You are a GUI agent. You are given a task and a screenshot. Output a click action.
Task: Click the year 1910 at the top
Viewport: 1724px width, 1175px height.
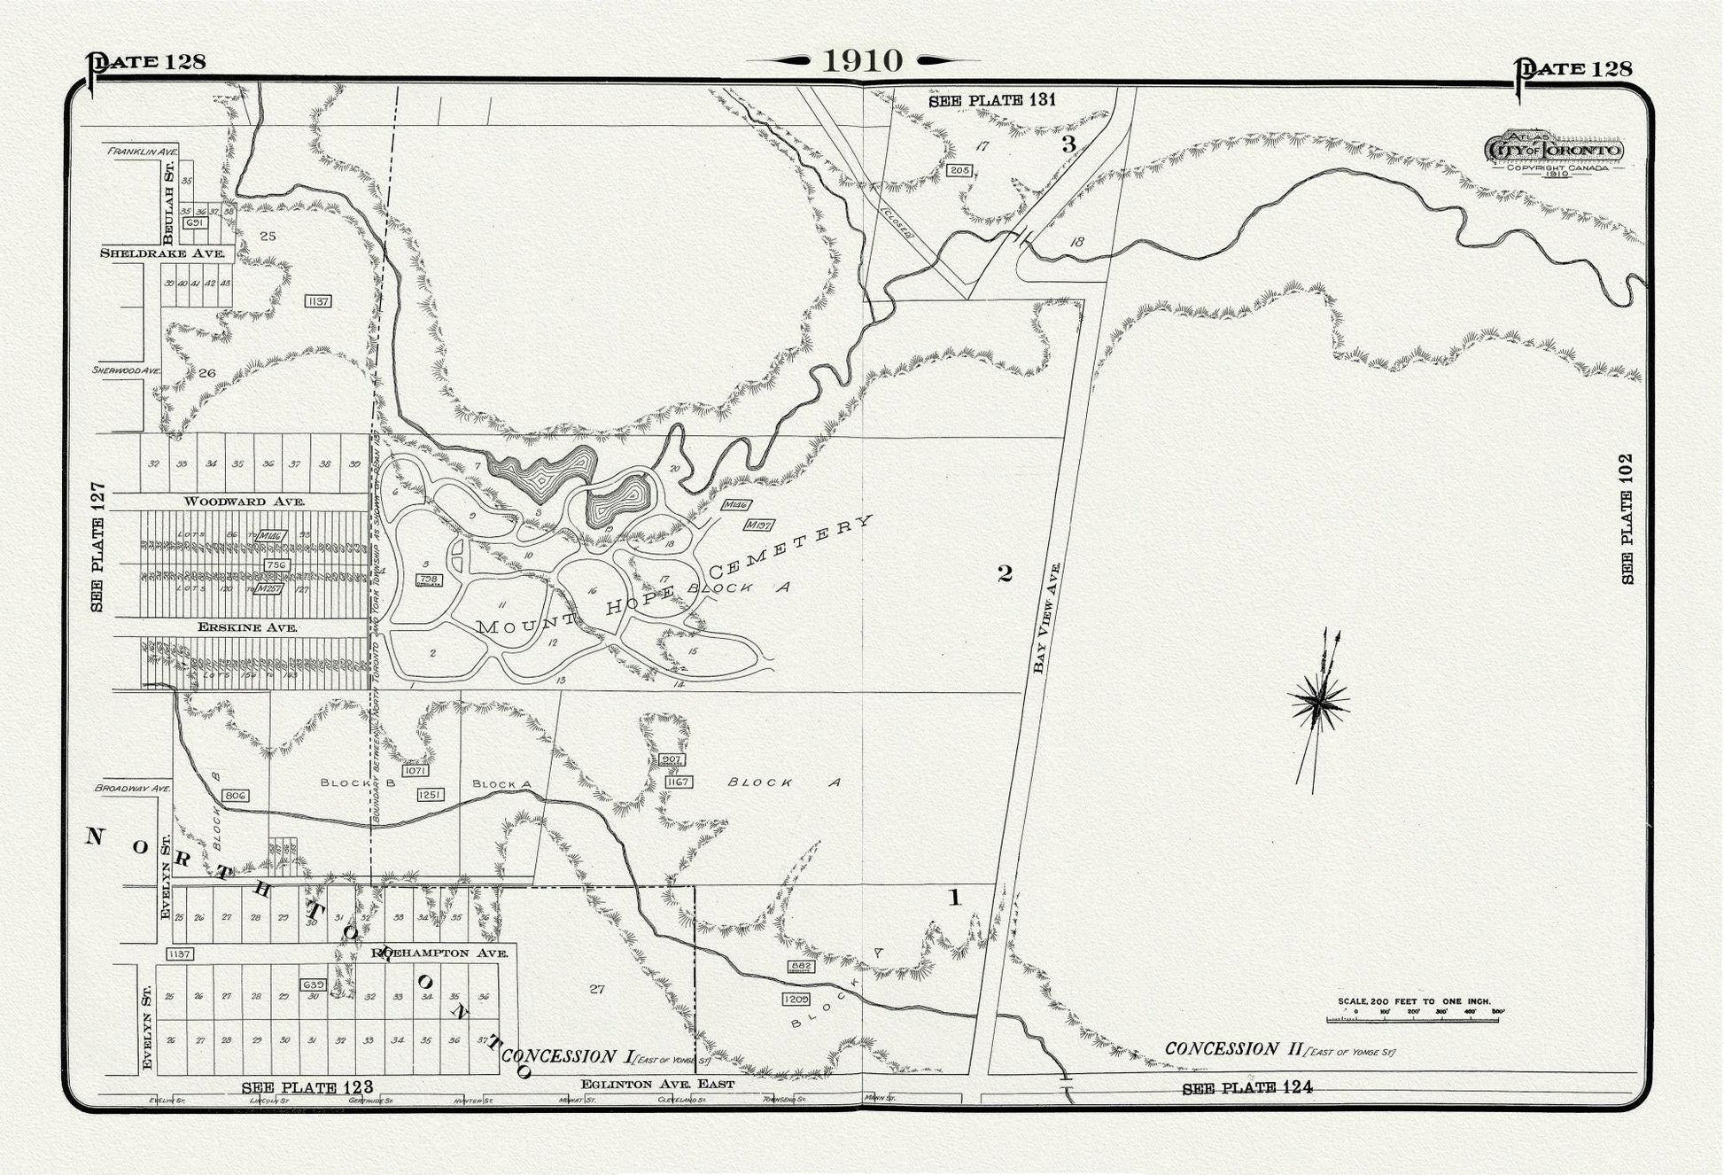click(x=863, y=60)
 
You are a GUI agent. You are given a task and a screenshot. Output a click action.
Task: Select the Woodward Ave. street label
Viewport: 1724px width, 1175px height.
click(x=245, y=502)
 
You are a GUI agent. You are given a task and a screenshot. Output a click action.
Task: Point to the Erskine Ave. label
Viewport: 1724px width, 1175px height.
click(x=247, y=627)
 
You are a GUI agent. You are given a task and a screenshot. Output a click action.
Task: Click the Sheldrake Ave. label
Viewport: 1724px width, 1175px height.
click(x=162, y=253)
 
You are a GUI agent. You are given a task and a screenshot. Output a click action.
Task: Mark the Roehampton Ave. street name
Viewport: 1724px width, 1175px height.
click(x=439, y=953)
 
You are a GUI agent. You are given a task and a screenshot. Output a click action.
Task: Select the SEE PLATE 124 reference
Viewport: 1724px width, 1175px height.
click(x=1246, y=1088)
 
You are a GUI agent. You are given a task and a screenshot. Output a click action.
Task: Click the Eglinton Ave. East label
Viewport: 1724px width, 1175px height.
click(x=657, y=1084)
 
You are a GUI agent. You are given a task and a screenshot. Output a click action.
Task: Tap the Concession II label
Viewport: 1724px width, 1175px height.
click(x=1232, y=1049)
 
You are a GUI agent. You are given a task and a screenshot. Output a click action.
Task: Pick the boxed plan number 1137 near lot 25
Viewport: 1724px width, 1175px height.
click(x=317, y=301)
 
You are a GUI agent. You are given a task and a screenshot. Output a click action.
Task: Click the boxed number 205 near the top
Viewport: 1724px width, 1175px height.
click(x=959, y=170)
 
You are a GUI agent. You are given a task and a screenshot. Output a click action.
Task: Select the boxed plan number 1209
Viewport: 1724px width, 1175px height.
click(x=796, y=1000)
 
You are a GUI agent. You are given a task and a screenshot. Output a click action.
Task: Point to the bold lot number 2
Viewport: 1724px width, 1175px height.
click(x=1005, y=574)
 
